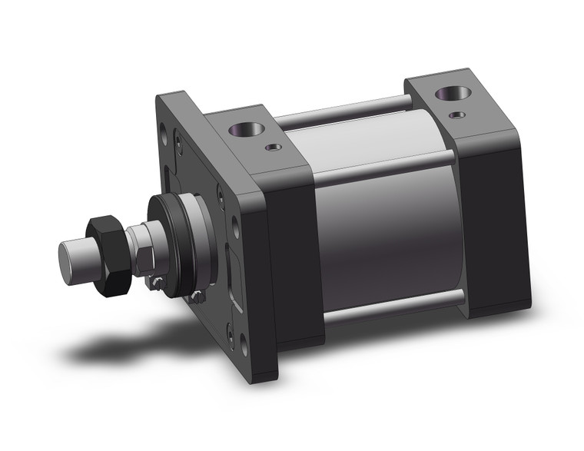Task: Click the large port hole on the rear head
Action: (x=447, y=95)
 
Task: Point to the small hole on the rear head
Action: (x=459, y=115)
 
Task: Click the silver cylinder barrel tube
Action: (x=384, y=223)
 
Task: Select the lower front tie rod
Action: (x=392, y=305)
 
